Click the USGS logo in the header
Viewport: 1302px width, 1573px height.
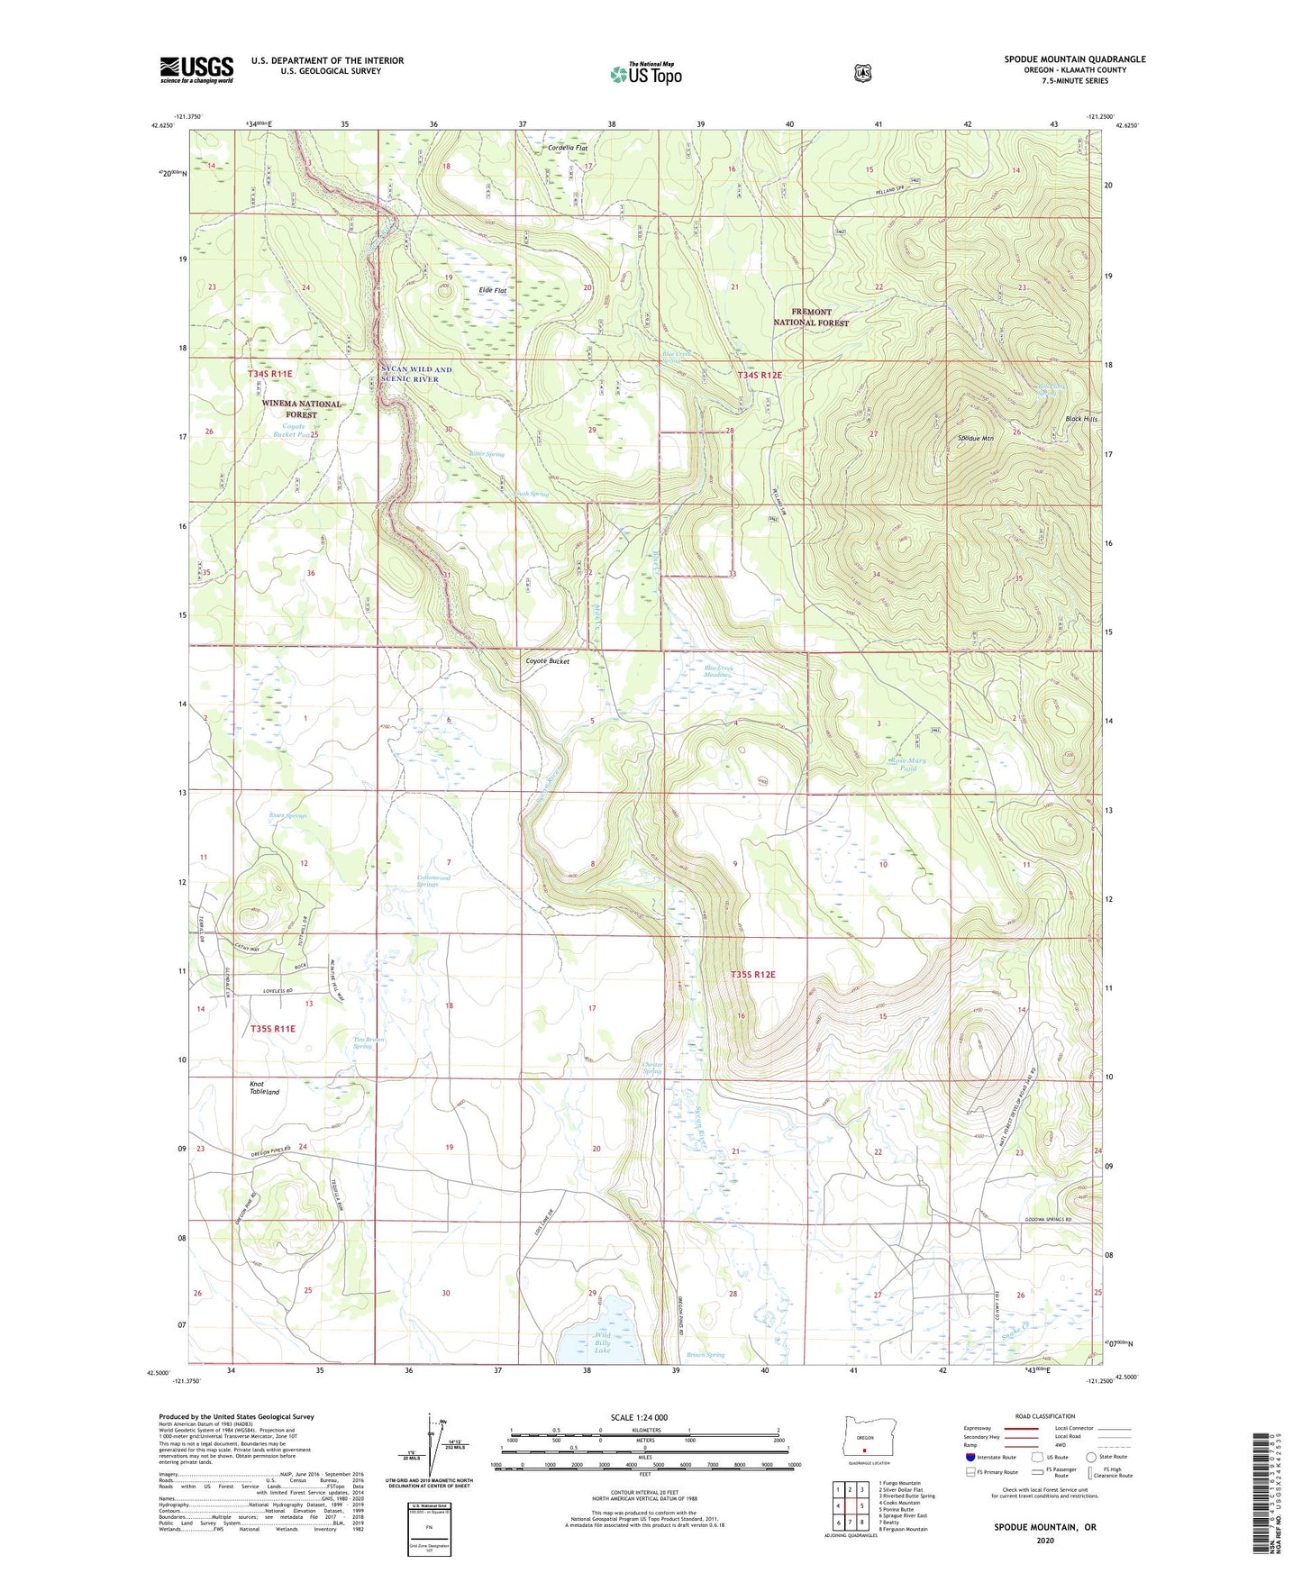(196, 69)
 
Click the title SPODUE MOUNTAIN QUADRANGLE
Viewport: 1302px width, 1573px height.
(1075, 59)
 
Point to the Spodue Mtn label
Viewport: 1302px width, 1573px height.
(975, 438)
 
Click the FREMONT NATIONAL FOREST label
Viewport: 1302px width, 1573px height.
(811, 317)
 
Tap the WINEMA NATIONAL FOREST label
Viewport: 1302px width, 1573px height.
(301, 409)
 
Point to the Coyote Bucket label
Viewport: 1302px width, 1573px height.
(547, 661)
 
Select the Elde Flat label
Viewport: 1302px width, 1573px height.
(493, 290)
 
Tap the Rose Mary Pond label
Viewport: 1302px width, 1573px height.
(908, 764)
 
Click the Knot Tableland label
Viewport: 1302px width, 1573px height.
(264, 1087)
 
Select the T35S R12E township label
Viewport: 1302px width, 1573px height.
(753, 975)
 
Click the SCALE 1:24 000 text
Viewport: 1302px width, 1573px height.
(639, 1417)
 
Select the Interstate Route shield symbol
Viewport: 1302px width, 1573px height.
(970, 1457)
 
